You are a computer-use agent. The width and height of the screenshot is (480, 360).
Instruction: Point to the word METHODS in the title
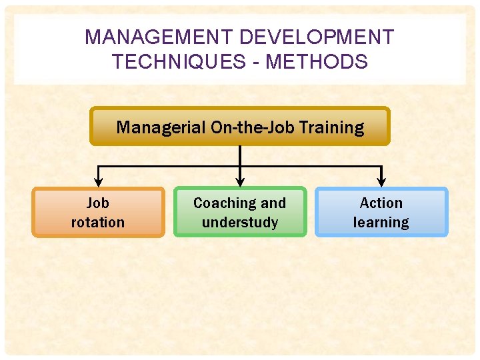click(317, 62)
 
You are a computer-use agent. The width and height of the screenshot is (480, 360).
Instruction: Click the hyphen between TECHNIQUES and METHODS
click(257, 63)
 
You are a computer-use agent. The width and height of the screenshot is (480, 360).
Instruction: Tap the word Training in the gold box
click(332, 127)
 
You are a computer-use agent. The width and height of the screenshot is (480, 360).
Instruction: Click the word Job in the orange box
click(98, 203)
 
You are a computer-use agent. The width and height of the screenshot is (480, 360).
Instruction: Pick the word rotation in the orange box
click(98, 222)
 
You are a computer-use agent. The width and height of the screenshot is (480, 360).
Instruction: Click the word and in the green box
click(273, 203)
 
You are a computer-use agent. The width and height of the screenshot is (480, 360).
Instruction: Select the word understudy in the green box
click(240, 222)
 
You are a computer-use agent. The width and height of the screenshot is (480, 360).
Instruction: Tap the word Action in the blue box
click(381, 203)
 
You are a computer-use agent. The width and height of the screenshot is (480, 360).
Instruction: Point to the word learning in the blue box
click(381, 222)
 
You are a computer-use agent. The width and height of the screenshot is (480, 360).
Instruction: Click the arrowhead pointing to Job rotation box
click(99, 181)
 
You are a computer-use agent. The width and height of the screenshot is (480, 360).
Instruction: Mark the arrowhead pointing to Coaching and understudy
click(240, 181)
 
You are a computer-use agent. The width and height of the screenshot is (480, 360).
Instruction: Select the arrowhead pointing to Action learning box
click(381, 181)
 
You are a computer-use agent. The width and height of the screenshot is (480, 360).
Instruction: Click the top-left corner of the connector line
click(99, 166)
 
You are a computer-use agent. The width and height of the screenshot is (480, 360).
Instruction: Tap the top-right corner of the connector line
click(381, 166)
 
